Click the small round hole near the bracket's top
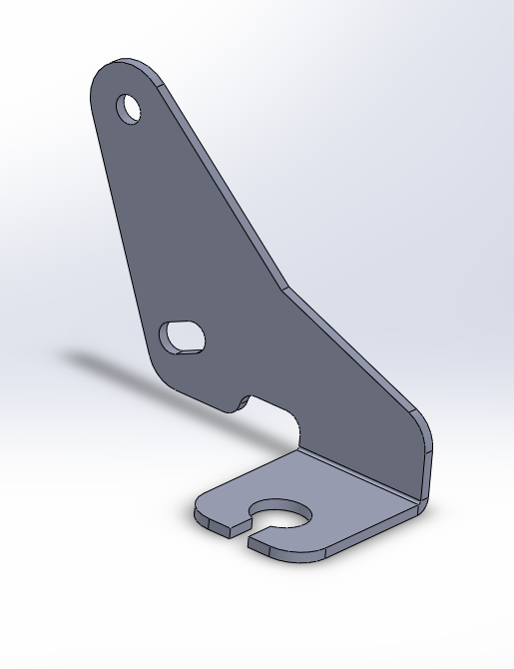pos(130,108)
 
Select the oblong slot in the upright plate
pos(184,335)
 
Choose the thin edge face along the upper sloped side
pos(220,180)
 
